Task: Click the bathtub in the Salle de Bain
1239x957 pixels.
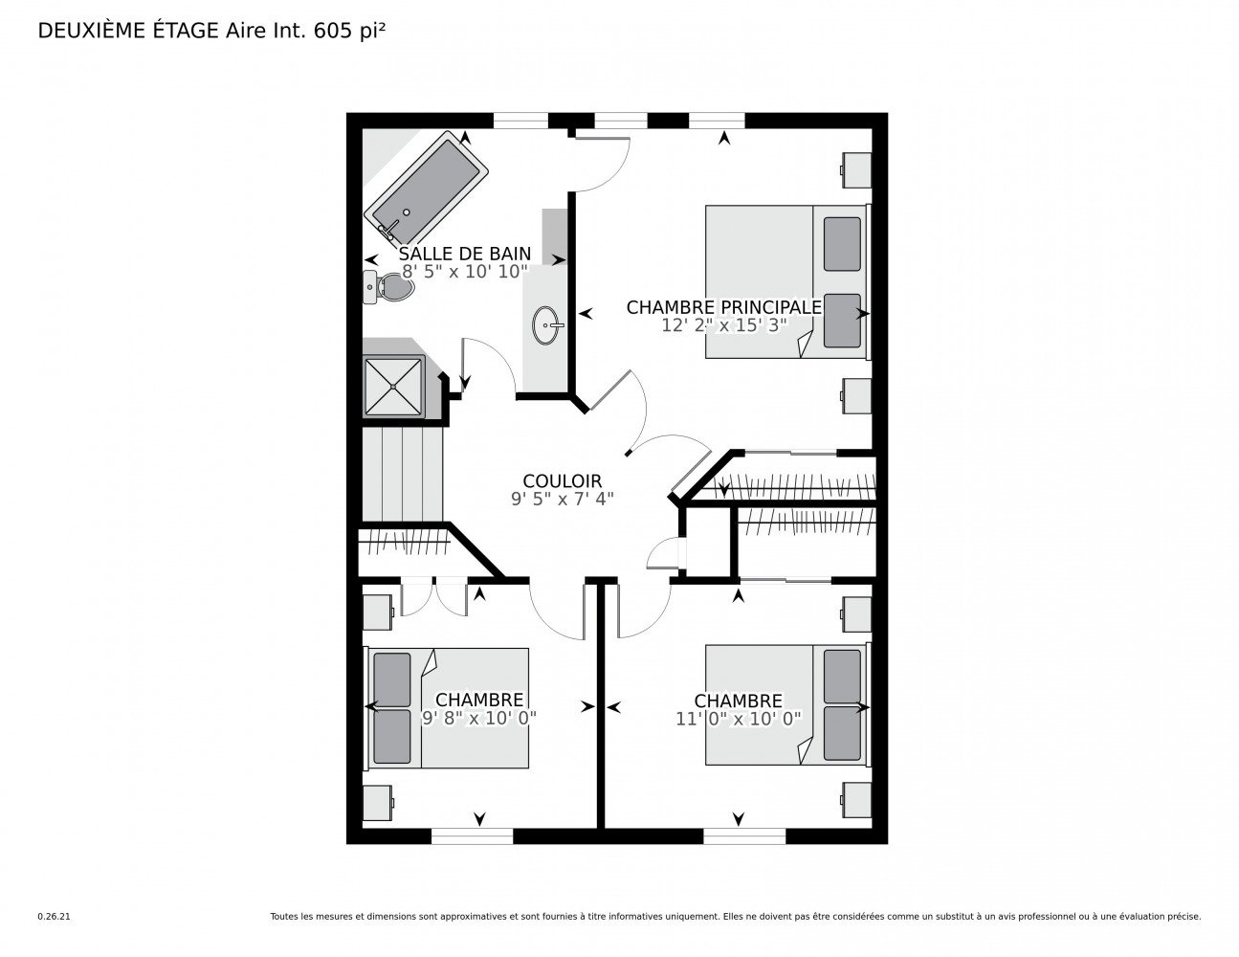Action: point(428,190)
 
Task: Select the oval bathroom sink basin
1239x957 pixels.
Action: point(546,324)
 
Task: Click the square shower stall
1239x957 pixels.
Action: point(393,386)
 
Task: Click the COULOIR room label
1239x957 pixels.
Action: point(562,481)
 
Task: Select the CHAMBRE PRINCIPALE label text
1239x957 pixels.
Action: point(723,307)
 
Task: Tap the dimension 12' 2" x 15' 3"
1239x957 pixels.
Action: point(723,324)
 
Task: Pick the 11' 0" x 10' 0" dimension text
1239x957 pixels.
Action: point(738,718)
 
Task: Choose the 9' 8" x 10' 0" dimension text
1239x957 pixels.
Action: point(478,718)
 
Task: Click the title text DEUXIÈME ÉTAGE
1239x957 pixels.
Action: point(128,31)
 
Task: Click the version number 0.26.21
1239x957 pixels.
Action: point(53,916)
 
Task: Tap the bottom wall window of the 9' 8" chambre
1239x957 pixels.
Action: point(472,836)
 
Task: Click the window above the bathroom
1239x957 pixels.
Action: point(520,121)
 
